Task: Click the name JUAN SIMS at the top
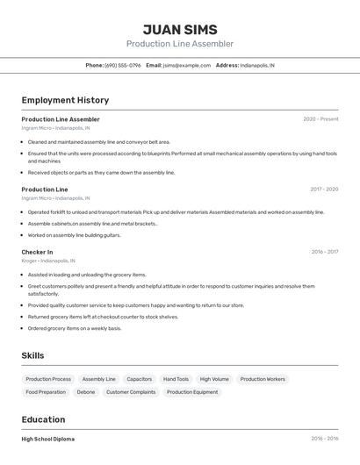point(180,30)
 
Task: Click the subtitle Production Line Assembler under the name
point(180,44)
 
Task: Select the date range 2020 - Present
point(320,119)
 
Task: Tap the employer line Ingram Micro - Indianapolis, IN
point(56,127)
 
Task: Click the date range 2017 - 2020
point(324,190)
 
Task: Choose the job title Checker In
point(37,252)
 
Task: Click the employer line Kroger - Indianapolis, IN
point(48,261)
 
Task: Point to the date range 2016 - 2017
point(325,252)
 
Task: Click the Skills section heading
point(32,355)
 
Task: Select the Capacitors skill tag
point(140,379)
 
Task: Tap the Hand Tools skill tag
point(176,379)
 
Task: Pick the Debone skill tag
point(86,392)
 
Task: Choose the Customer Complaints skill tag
point(131,392)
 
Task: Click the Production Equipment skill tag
point(192,392)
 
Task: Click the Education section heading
point(43,419)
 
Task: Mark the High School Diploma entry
point(48,439)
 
